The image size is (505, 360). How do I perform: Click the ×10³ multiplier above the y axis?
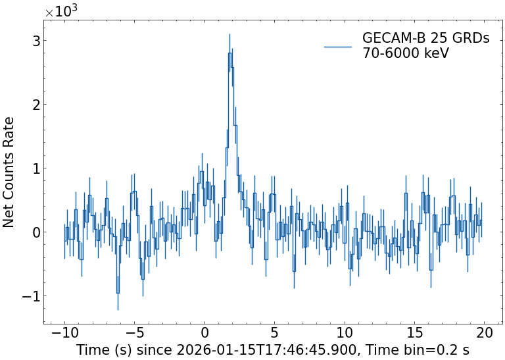61,12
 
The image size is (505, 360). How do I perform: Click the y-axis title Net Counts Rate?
9,172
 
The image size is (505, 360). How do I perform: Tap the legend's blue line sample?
338,46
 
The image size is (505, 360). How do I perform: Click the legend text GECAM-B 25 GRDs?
426,39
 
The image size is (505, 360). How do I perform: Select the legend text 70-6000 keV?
406,53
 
